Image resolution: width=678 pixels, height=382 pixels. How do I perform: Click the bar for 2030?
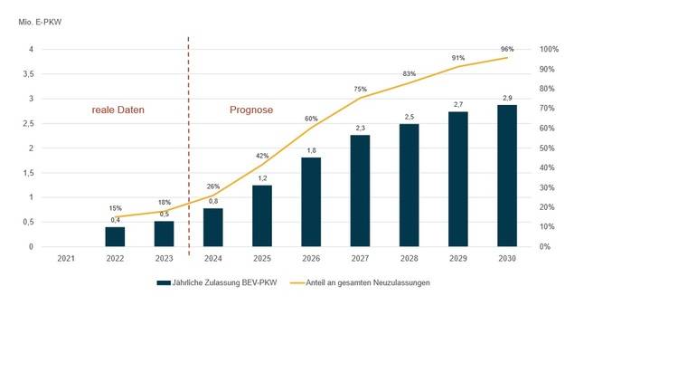coord(506,176)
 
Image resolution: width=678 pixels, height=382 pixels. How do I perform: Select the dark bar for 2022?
coord(115,236)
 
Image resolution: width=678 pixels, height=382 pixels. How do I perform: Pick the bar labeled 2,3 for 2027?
coord(360,190)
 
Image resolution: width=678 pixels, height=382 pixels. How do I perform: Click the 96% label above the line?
coord(506,50)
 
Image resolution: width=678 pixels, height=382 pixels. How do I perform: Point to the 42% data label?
coord(262,156)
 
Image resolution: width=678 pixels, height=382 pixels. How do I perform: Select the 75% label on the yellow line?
coord(360,89)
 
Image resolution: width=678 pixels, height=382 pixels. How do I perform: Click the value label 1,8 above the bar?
coord(311,149)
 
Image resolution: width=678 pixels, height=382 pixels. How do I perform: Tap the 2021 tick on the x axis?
coord(66,259)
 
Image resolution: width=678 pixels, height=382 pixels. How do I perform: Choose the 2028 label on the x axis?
coord(409,259)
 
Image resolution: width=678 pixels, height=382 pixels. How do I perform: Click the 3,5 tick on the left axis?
coord(28,73)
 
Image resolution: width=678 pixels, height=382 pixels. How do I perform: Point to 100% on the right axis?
coord(550,49)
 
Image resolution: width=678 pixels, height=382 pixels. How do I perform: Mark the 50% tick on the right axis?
coord(548,148)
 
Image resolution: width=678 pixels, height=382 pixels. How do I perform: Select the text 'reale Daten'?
coord(118,110)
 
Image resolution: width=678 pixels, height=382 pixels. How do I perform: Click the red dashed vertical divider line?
coord(188,145)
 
